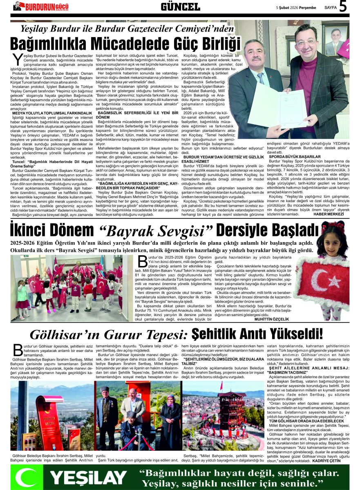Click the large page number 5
pyautogui.click(x=343, y=7)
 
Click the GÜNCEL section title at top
pyautogui.click(x=180, y=7)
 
